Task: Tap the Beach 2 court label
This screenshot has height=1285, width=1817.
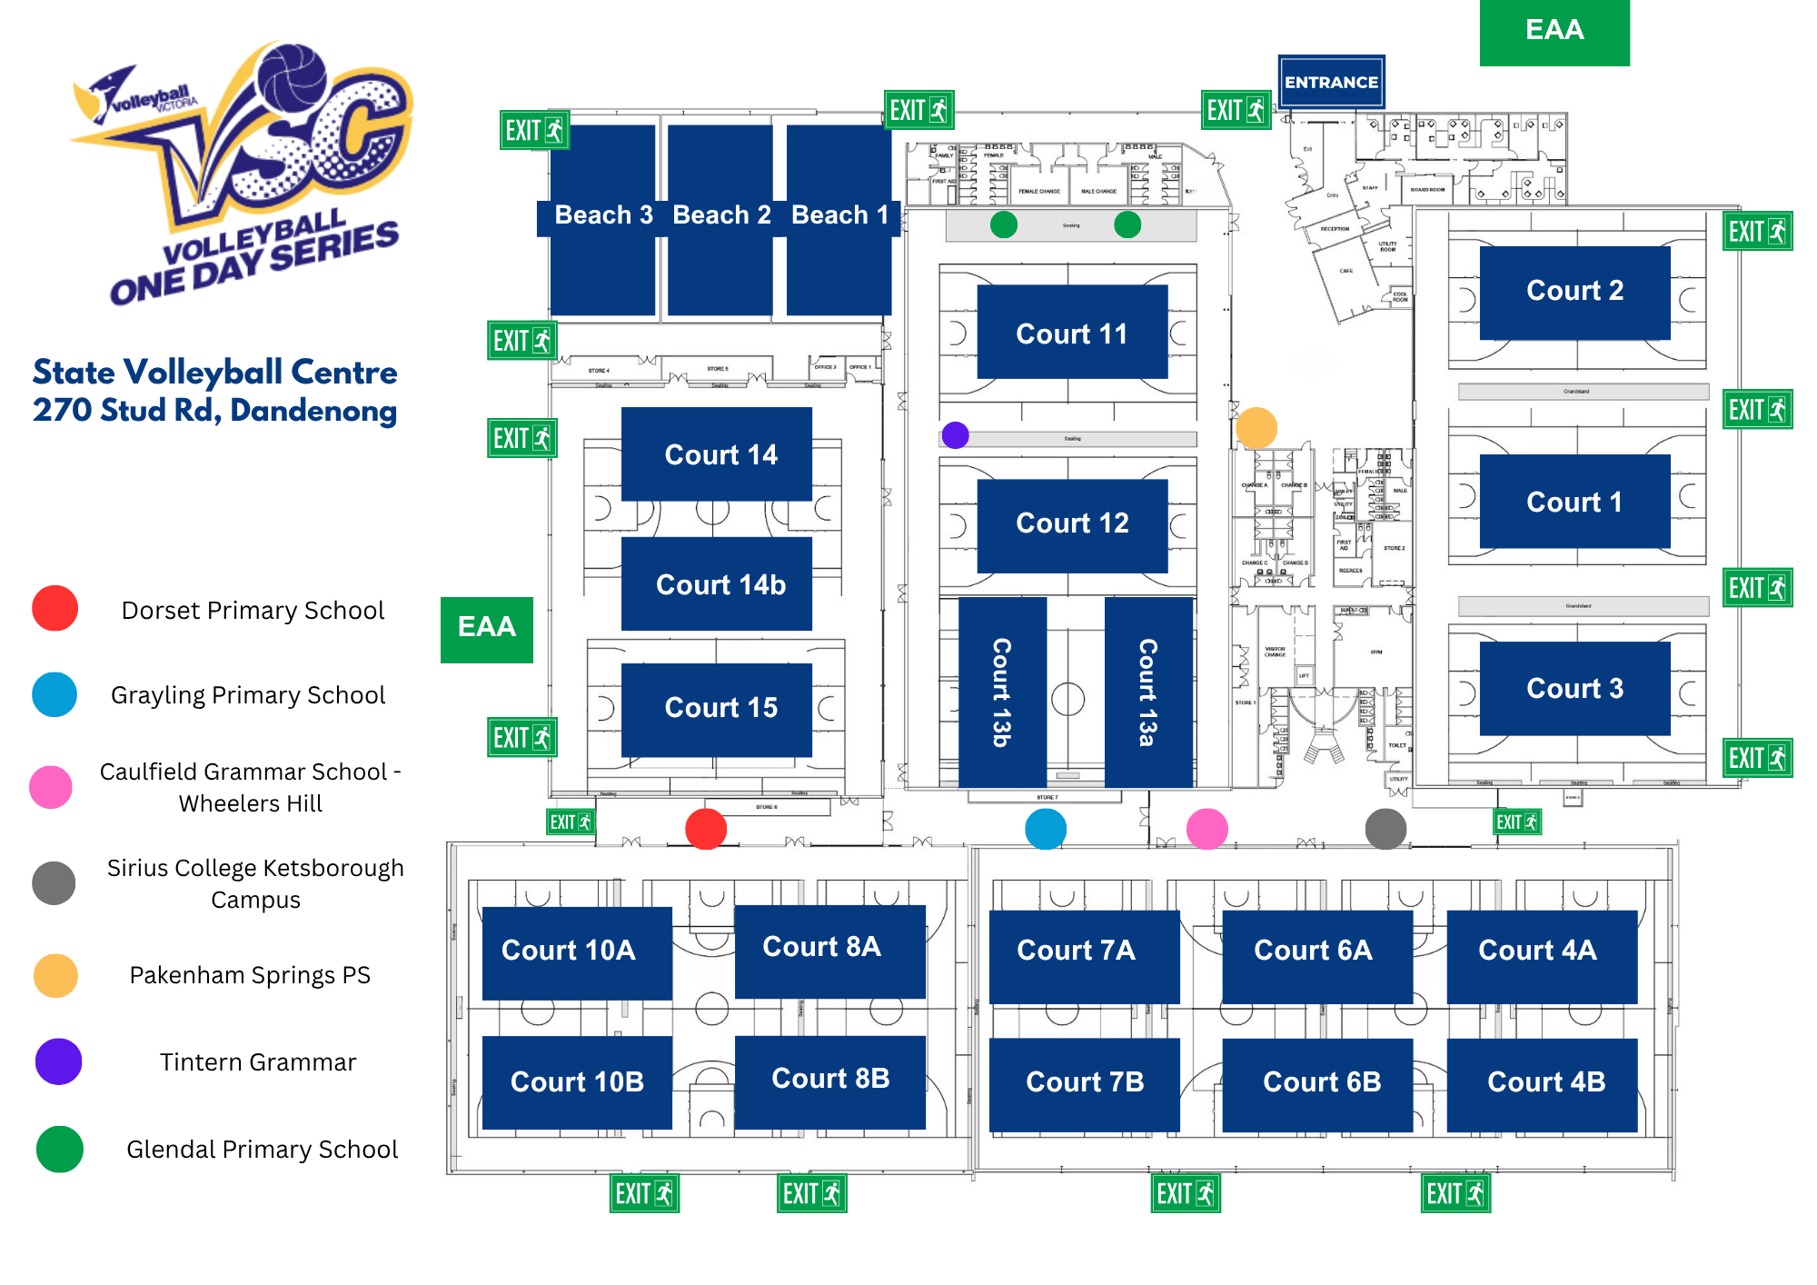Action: click(721, 215)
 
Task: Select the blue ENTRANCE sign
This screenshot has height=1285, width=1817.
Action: click(1331, 82)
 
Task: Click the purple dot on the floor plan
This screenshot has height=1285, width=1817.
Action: click(955, 435)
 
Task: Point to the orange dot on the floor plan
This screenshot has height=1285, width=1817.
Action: click(1256, 427)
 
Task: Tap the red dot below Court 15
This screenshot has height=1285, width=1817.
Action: click(706, 829)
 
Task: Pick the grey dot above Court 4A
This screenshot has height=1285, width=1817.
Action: click(1385, 829)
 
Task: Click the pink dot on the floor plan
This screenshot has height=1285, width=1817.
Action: click(1206, 829)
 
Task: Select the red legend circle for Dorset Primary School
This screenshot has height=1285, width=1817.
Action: click(55, 608)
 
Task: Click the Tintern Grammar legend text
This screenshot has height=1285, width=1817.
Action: click(258, 1061)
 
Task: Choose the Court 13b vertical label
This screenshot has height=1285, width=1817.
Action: click(1002, 692)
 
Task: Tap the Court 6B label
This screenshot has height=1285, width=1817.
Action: click(1321, 1082)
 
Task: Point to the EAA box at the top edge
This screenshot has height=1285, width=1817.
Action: click(1554, 31)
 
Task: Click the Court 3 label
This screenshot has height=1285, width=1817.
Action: click(1574, 689)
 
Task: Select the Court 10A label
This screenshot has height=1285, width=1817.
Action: click(569, 951)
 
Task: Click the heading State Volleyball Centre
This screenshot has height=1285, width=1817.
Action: click(215, 373)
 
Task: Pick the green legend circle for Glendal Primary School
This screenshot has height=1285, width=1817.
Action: click(60, 1149)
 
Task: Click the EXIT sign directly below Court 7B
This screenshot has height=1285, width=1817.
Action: click(1185, 1193)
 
